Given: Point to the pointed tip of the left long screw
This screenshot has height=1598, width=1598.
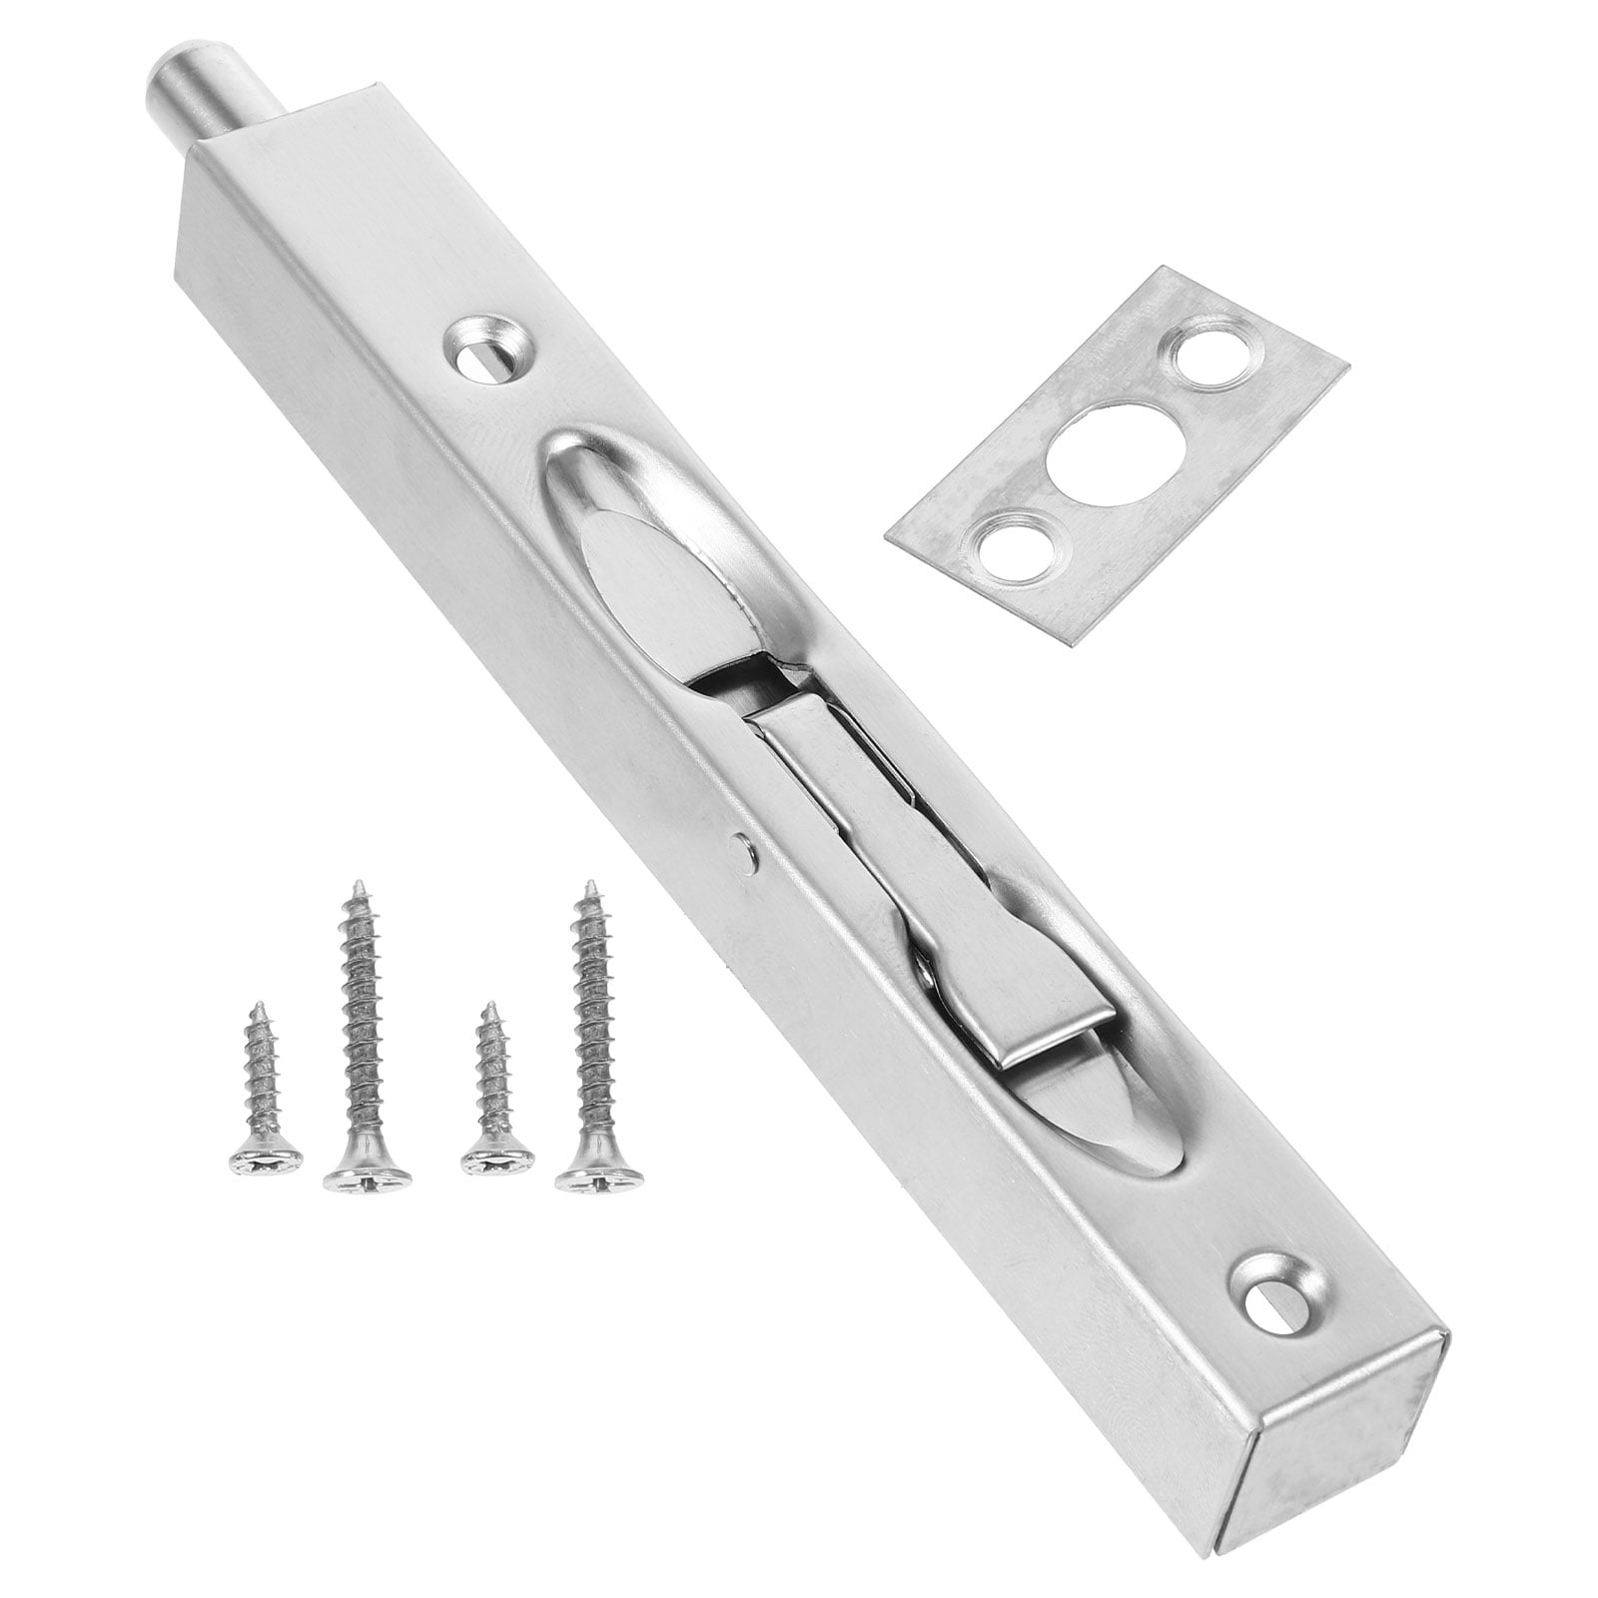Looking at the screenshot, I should tap(354, 886).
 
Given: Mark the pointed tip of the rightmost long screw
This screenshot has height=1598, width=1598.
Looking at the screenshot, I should tap(591, 886).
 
